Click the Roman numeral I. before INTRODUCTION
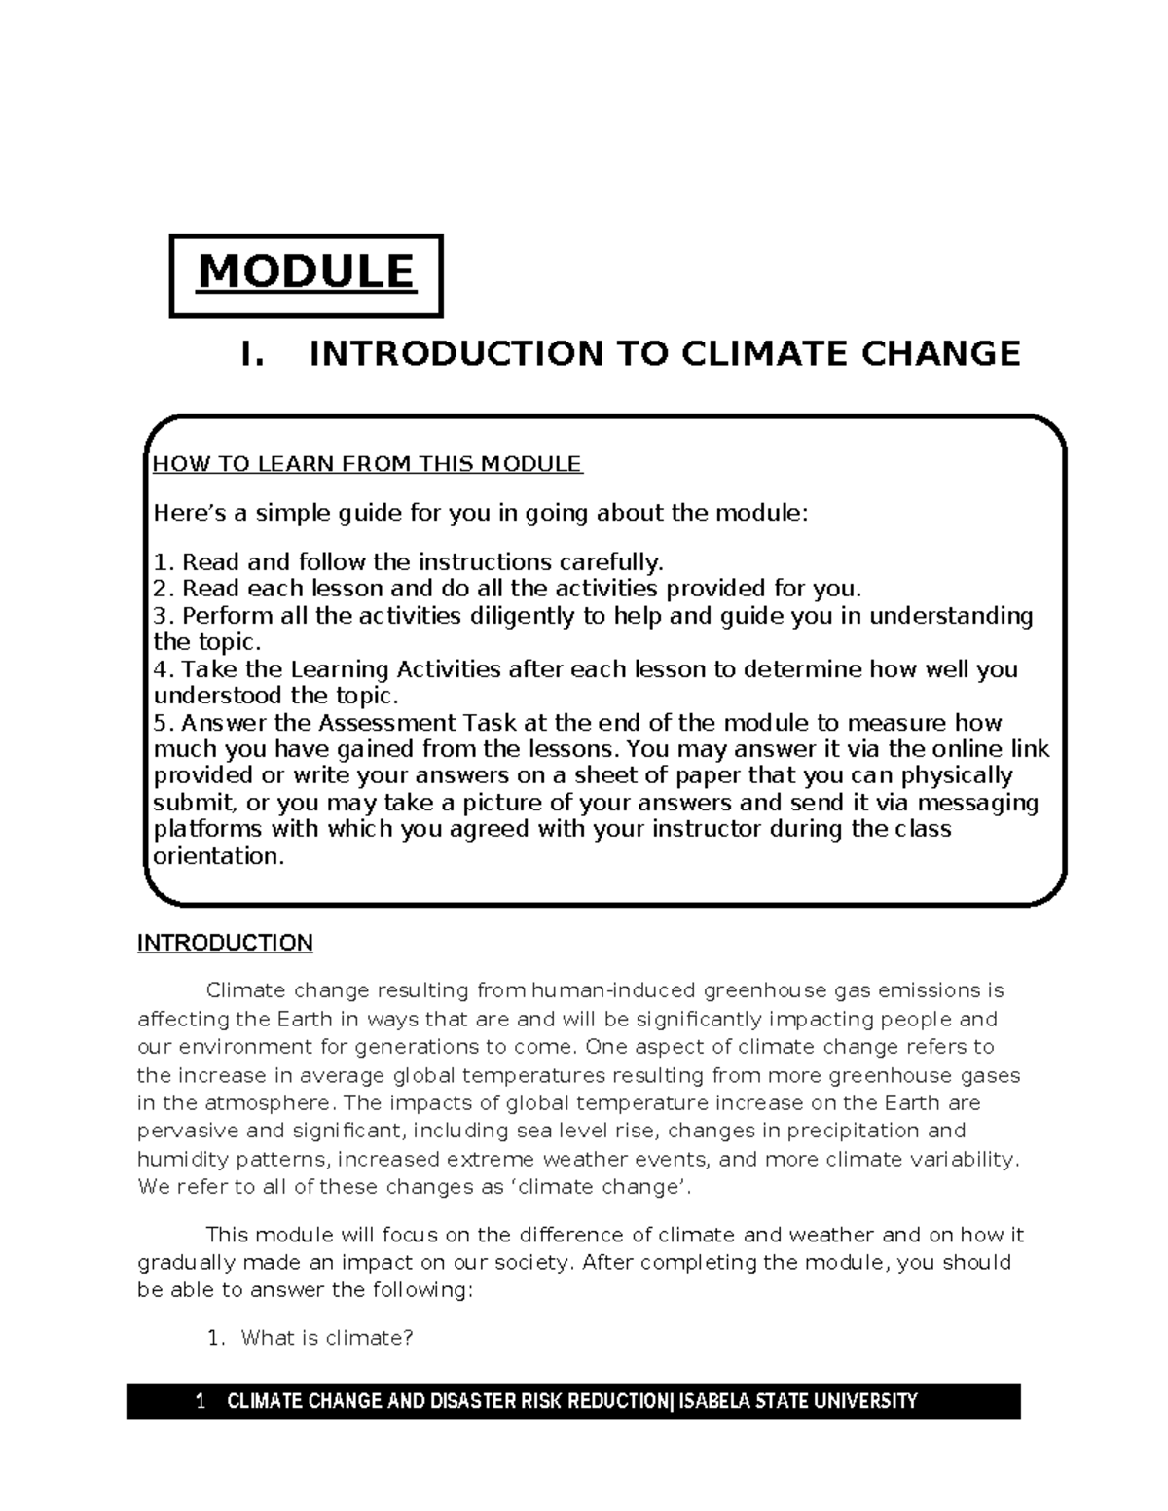(x=252, y=353)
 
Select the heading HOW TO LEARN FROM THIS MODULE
(x=368, y=464)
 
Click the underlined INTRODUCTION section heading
(x=225, y=943)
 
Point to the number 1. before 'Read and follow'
(x=164, y=562)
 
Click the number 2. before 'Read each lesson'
(x=164, y=589)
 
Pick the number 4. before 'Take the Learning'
(x=164, y=669)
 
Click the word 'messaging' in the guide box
(x=982, y=804)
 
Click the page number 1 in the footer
(x=201, y=1402)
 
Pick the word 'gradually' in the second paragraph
(x=186, y=1263)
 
